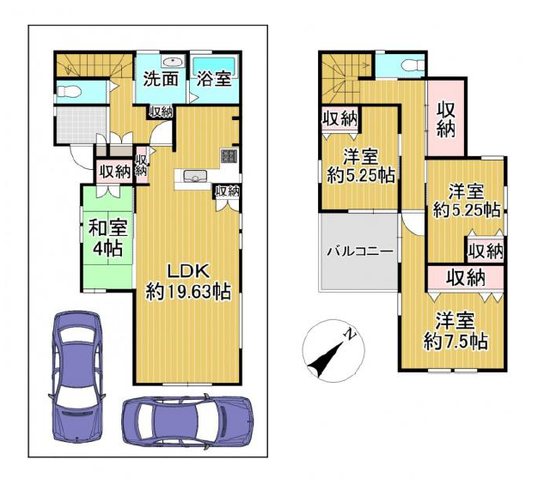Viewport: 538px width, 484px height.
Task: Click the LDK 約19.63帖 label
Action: [x=188, y=281]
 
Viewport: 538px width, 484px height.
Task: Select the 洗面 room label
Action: [x=161, y=79]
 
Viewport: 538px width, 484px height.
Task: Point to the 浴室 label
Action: [x=213, y=79]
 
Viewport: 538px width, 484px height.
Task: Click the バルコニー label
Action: [x=359, y=251]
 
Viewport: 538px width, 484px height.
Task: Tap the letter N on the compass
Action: [x=350, y=334]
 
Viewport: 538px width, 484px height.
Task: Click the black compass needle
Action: [x=326, y=359]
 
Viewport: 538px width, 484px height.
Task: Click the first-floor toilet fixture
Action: [x=69, y=92]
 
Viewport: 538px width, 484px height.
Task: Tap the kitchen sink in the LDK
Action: [x=195, y=176]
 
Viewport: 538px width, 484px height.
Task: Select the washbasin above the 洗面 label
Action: [x=173, y=62]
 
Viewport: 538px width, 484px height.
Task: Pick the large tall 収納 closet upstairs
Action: [x=445, y=118]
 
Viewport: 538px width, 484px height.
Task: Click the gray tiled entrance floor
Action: [x=82, y=124]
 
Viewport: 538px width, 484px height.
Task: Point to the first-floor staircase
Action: [x=95, y=64]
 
